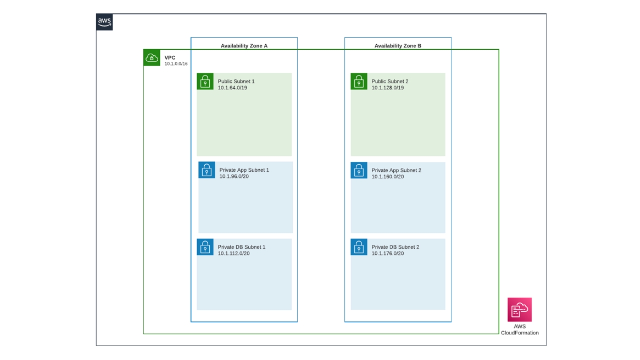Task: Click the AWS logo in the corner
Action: click(104, 22)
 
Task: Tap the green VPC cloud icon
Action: click(152, 58)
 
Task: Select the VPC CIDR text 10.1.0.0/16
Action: click(176, 64)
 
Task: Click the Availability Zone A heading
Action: click(244, 46)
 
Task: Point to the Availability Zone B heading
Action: click(398, 46)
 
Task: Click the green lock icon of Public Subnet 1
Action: click(205, 81)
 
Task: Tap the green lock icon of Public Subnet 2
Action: click(359, 81)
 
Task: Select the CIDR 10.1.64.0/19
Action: click(232, 88)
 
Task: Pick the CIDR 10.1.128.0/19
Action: click(388, 88)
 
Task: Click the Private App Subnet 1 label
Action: click(244, 170)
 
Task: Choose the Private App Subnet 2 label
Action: click(396, 170)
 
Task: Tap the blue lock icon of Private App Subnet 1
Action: click(207, 170)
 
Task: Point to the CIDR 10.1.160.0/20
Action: click(388, 177)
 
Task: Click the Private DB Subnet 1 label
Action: click(242, 247)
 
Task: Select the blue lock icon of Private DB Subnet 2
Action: click(359, 247)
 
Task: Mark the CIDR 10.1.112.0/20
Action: click(234, 254)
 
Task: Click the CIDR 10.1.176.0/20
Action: click(388, 254)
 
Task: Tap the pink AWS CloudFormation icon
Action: click(520, 310)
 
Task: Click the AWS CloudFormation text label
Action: click(520, 330)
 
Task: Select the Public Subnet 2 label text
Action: click(390, 81)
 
